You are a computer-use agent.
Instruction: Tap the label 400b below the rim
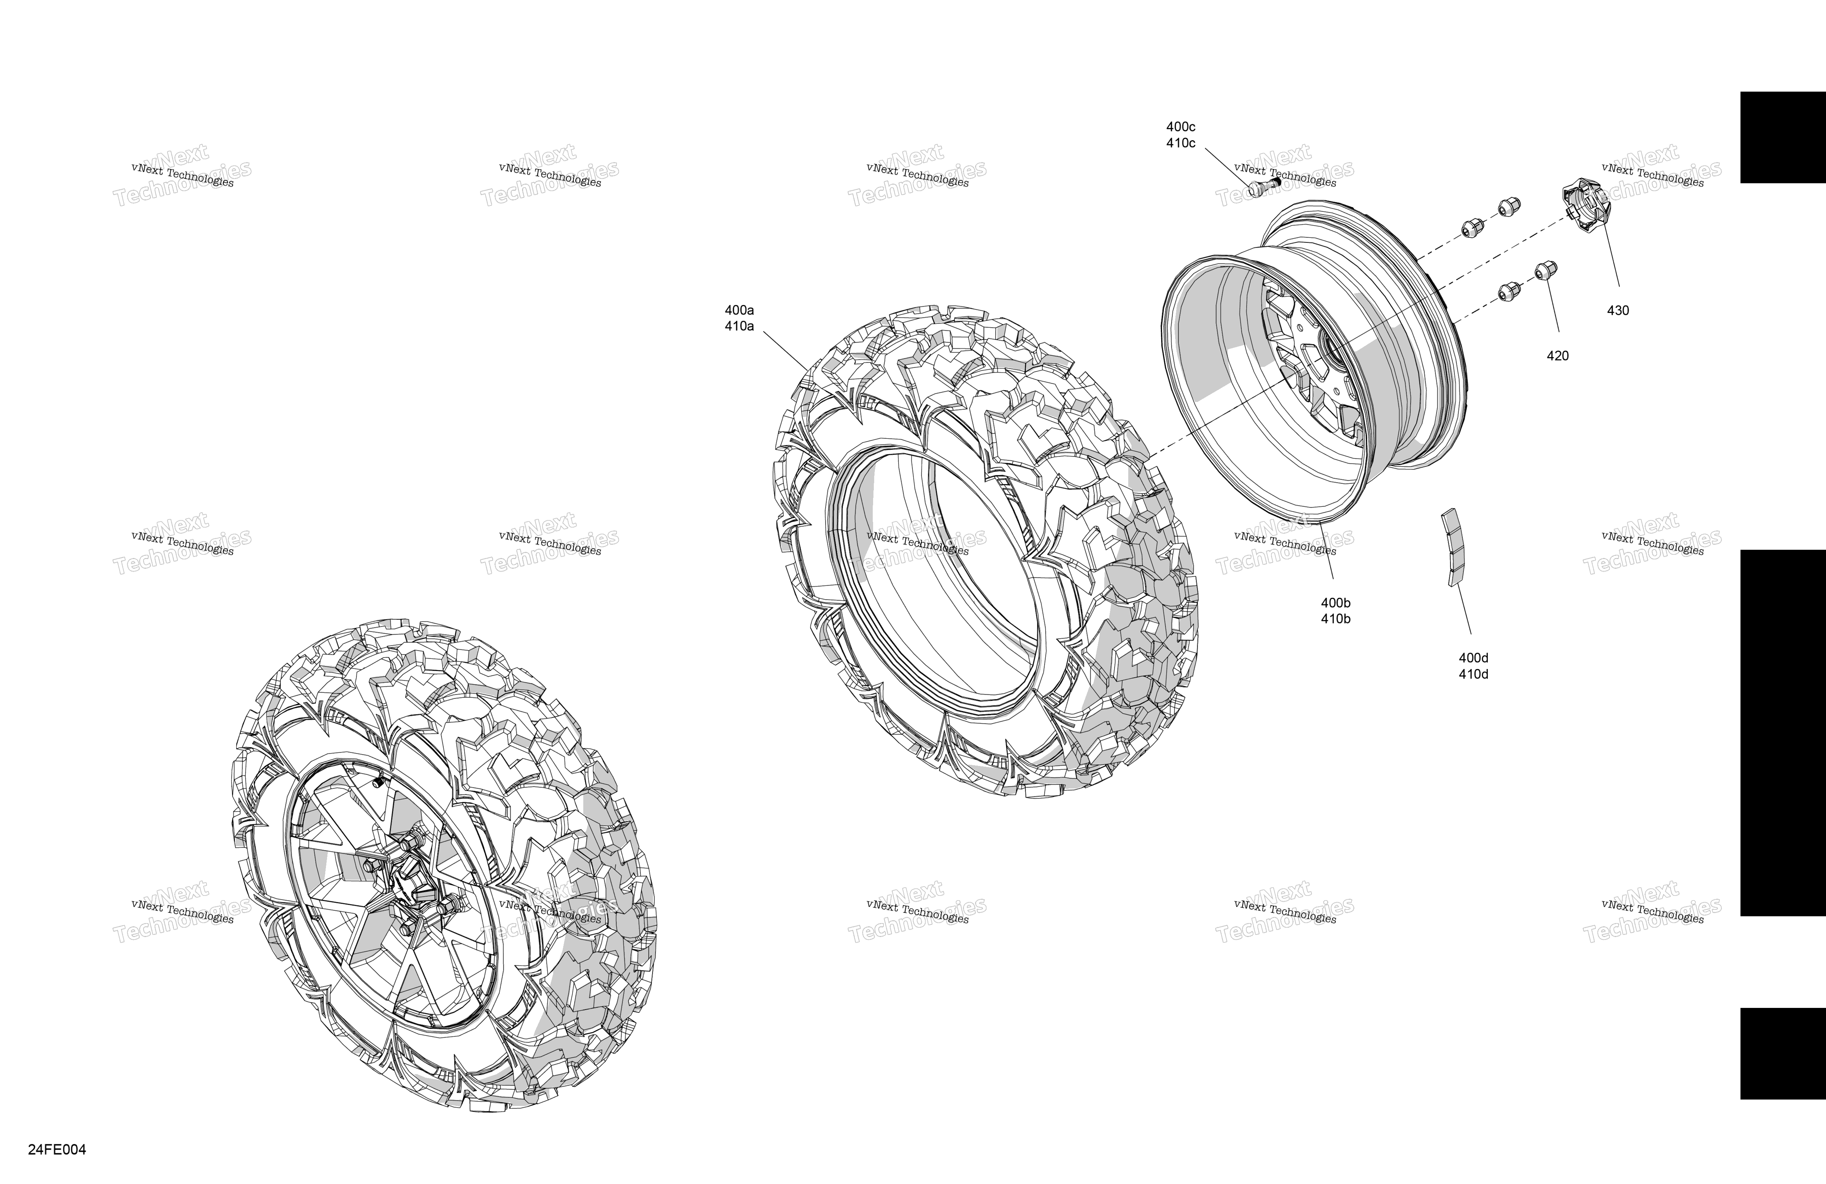[1336, 603]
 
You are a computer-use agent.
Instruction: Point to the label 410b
[1336, 619]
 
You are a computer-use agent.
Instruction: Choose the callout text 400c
[1181, 127]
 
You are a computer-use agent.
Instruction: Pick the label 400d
[1473, 658]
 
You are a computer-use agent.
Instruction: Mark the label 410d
[1473, 674]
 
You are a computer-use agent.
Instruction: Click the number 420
[1558, 356]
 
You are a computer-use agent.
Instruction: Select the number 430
[1618, 311]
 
